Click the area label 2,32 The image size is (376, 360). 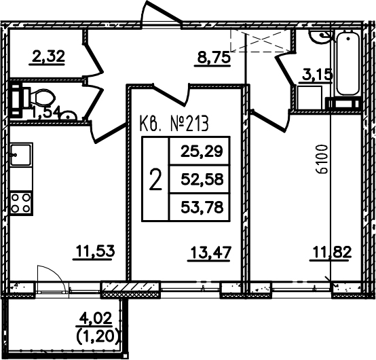(x=48, y=57)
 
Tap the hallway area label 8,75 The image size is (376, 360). (x=214, y=58)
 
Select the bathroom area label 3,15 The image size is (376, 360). (x=318, y=75)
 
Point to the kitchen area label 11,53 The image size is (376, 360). (x=96, y=251)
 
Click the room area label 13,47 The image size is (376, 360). (x=211, y=252)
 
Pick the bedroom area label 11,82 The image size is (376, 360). (x=332, y=252)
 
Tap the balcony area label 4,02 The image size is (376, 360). (x=96, y=319)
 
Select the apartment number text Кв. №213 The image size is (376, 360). (x=174, y=124)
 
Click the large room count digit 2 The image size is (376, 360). (x=155, y=179)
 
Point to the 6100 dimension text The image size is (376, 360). (x=322, y=159)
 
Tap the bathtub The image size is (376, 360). (x=348, y=64)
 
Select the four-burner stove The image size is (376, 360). (x=21, y=203)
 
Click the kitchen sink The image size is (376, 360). (x=21, y=155)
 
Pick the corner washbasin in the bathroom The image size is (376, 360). (x=321, y=37)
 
